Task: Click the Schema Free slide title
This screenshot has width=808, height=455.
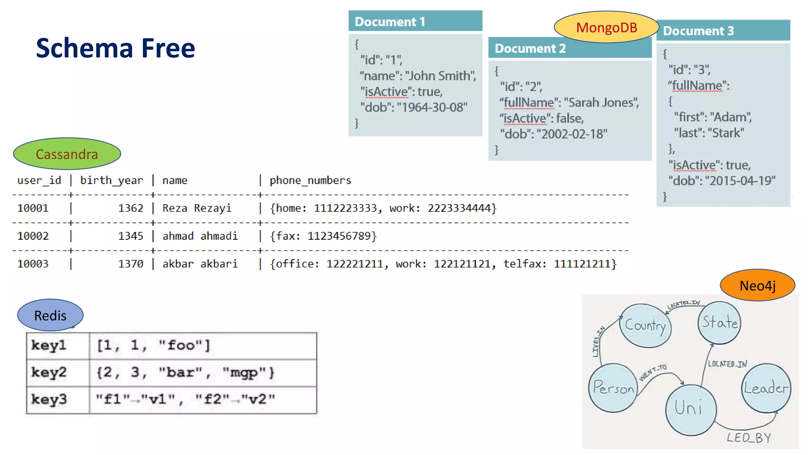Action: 115,48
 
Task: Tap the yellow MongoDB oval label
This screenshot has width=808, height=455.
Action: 606,27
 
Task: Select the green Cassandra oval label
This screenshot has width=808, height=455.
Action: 67,154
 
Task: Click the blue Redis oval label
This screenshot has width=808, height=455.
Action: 50,315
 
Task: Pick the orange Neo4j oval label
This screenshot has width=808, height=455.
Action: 757,285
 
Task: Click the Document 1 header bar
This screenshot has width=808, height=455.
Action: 415,21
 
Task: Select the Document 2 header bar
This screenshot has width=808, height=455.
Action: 569,48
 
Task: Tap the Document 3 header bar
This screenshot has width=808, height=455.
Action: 723,31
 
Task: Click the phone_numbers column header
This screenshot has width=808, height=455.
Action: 310,180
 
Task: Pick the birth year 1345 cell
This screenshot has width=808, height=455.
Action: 131,236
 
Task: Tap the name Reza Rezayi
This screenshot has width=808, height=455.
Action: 196,208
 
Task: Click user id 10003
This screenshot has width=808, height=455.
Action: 33,264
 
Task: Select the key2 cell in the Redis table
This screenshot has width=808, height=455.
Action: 49,372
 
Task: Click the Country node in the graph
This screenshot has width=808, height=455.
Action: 645,326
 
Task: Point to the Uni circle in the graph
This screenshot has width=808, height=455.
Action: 690,409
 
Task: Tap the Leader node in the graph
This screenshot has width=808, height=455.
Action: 766,388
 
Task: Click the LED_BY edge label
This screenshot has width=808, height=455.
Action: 748,438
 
